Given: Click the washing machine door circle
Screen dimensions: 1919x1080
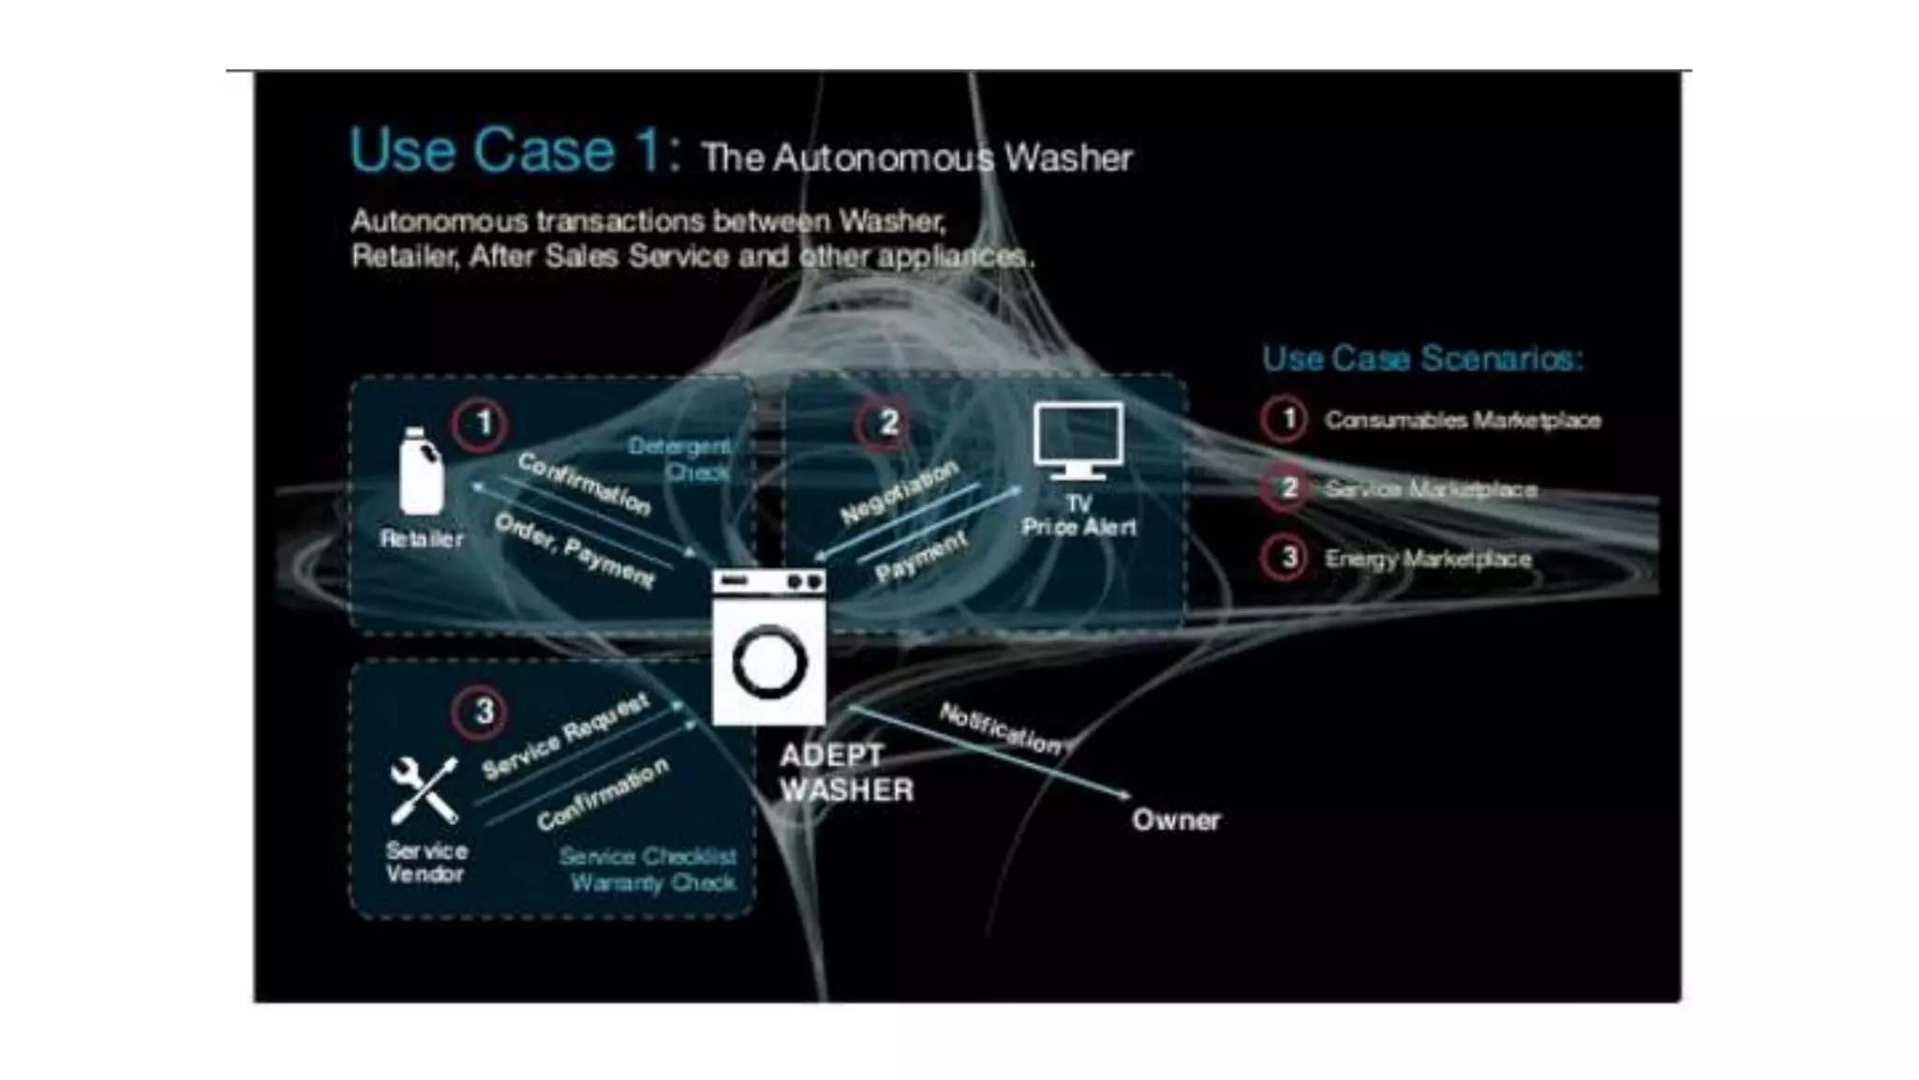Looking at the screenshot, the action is (x=769, y=663).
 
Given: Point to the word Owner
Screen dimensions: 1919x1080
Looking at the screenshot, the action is (x=1176, y=820).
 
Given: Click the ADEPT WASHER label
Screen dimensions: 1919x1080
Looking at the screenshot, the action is (x=845, y=772).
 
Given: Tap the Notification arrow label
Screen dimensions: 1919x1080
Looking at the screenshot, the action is (x=1001, y=728).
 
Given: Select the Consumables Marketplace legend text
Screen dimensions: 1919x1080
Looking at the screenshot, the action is (x=1462, y=420).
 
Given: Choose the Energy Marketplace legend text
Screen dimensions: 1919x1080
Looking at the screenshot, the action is (x=1428, y=559).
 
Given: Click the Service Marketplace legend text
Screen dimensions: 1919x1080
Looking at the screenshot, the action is (x=1430, y=489).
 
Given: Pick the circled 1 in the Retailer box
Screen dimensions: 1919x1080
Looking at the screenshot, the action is (x=482, y=424).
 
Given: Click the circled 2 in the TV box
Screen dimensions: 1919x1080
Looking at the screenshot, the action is (x=885, y=424).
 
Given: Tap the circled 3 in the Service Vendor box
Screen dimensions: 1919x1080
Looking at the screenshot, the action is (x=482, y=712).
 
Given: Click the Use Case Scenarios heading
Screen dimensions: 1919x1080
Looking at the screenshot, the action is (x=1421, y=358).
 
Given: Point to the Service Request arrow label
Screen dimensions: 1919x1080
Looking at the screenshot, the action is (x=565, y=736).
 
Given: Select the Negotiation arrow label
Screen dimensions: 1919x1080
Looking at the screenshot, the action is (x=900, y=491).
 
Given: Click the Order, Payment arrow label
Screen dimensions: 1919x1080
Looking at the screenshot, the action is (x=574, y=550).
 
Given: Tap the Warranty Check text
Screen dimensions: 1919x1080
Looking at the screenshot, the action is (x=653, y=883).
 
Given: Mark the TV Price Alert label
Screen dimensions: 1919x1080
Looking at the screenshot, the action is (x=1079, y=516).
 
